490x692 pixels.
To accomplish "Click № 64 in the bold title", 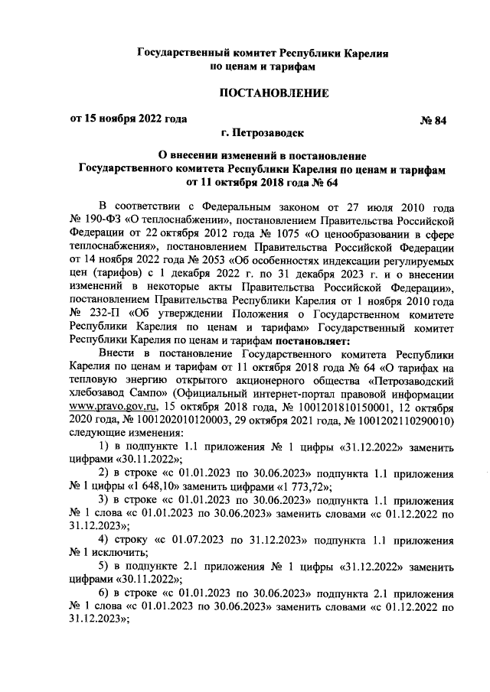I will click(x=321, y=183).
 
